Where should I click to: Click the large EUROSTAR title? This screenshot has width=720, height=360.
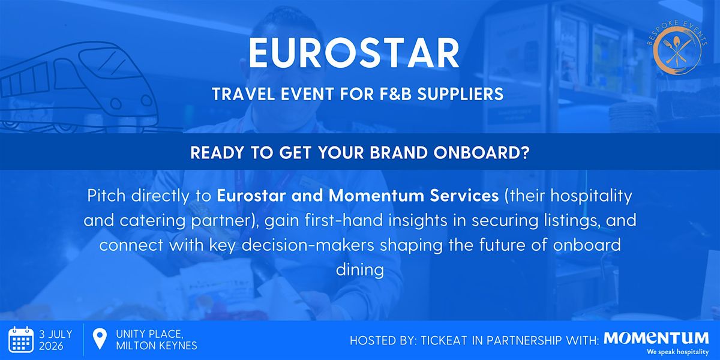(x=354, y=53)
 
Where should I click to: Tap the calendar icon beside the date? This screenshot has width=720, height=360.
(x=21, y=340)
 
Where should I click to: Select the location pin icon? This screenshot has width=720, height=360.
(x=100, y=339)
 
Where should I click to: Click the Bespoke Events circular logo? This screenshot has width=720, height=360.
(x=677, y=47)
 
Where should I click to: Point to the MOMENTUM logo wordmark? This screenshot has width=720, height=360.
(x=656, y=338)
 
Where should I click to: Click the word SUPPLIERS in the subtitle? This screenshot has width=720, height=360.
(x=460, y=94)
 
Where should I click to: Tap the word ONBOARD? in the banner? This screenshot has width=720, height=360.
(x=481, y=152)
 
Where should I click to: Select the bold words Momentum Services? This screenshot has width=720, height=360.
(x=413, y=196)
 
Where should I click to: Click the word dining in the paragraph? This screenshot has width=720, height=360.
(x=360, y=269)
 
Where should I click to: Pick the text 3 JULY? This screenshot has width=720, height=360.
(x=56, y=334)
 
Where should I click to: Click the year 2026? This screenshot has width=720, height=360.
(x=51, y=346)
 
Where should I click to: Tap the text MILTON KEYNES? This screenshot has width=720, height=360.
(x=157, y=346)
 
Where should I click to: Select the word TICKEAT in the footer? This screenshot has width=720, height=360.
(x=444, y=340)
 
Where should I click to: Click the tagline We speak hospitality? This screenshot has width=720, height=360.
(x=678, y=352)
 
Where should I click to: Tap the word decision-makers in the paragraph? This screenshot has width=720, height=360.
(x=308, y=245)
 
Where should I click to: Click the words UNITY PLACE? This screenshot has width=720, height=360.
(x=150, y=334)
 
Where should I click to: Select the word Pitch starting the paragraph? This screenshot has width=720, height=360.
(x=106, y=196)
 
